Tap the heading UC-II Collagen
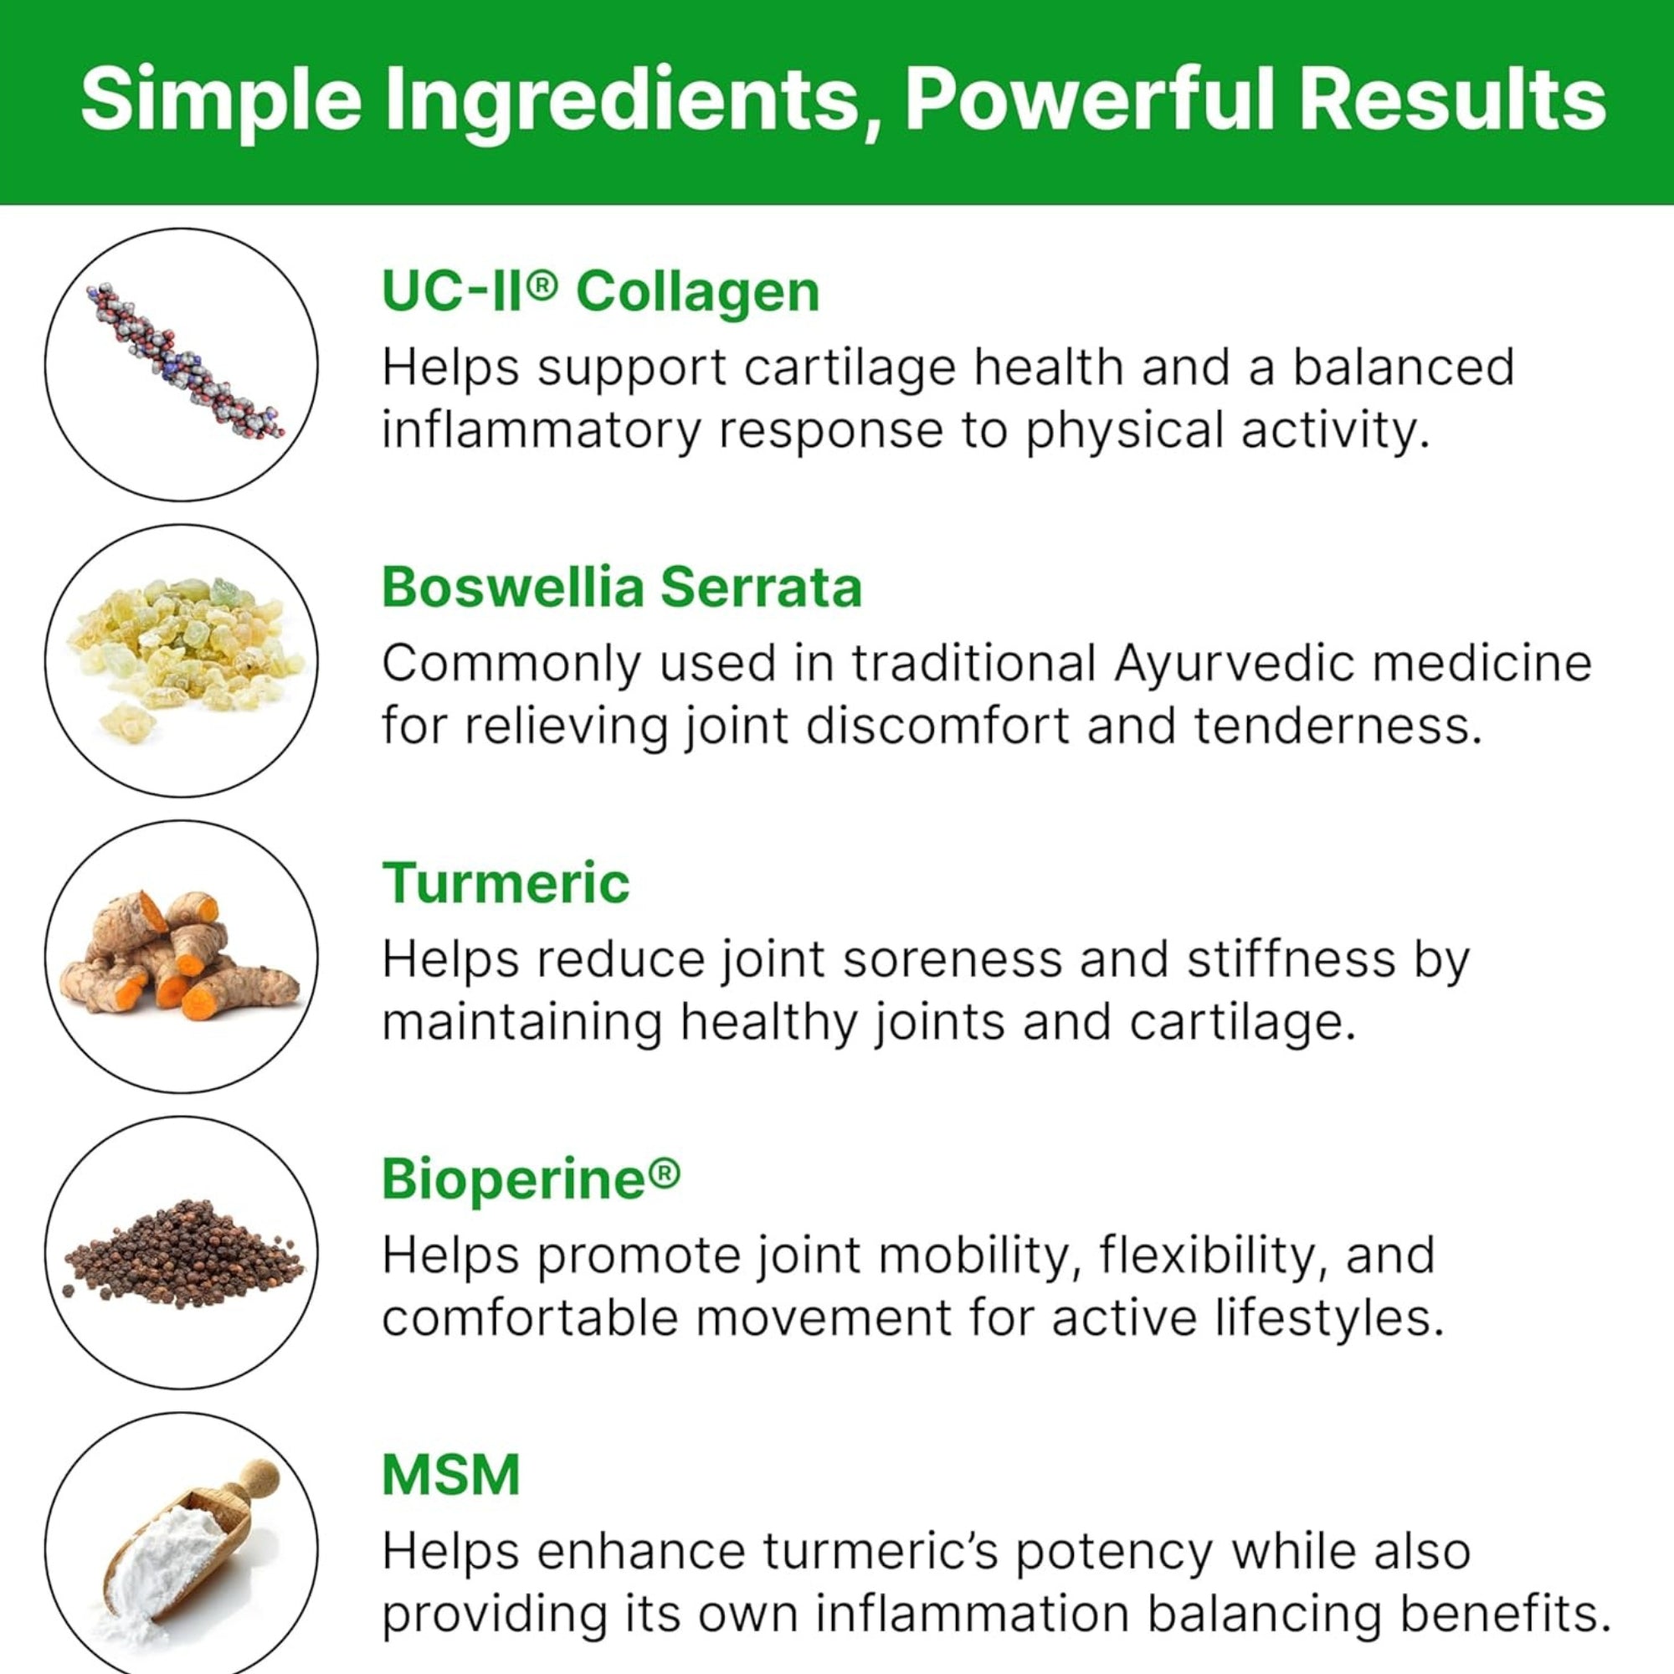pyautogui.click(x=600, y=291)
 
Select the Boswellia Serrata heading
pyautogui.click(x=622, y=588)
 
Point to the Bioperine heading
pyautogui.click(x=531, y=1180)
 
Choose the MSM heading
pyautogui.click(x=451, y=1475)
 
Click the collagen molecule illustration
pyautogui.click(x=183, y=361)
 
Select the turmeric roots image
pyautogui.click(x=179, y=957)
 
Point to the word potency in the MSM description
pyautogui.click(x=1113, y=1552)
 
